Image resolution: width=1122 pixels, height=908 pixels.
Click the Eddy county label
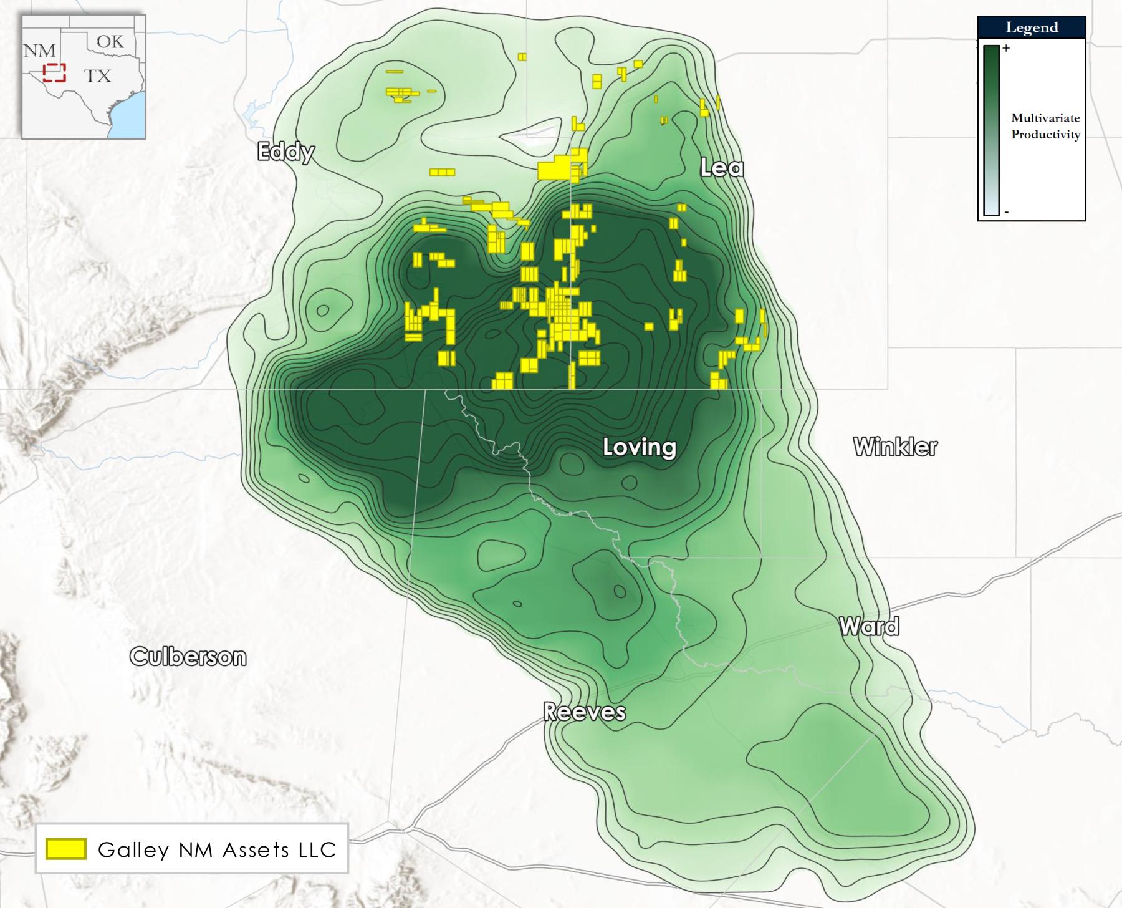286,152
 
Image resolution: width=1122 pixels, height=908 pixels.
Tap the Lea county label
722,167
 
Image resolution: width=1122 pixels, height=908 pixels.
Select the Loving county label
640,447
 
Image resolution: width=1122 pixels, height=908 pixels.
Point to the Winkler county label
895,447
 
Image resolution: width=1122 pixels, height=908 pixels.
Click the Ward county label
869,625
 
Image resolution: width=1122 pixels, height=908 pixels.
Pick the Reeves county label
584,712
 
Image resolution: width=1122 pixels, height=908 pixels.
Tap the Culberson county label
188,656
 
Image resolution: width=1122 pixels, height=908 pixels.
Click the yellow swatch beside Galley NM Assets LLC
65,849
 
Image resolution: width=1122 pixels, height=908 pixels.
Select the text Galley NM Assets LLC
217,849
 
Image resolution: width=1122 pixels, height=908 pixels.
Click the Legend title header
1032,27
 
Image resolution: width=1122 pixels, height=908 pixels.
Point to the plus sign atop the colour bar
1005,48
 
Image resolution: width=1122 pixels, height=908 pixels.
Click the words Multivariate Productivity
1045,126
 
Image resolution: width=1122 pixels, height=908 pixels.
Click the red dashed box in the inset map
54,72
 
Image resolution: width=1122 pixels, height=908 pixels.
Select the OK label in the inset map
110,42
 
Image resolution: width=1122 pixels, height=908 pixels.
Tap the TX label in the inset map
97,76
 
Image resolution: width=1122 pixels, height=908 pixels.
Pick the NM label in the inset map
39,51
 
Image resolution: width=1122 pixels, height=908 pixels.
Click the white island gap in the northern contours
530,134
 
